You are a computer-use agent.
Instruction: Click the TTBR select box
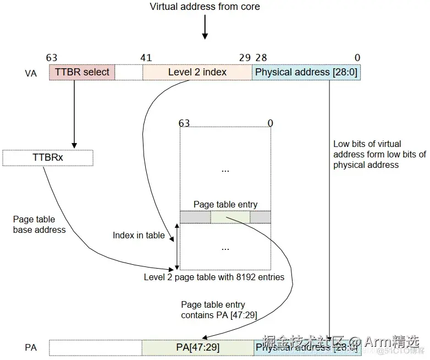click(82, 72)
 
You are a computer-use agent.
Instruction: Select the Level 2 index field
click(197, 72)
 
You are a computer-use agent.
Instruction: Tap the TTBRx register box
click(48, 158)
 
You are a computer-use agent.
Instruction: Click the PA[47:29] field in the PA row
click(198, 347)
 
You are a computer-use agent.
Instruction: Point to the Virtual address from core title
click(205, 7)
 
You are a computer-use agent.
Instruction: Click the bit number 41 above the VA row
click(146, 57)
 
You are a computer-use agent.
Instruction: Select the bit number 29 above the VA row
click(245, 57)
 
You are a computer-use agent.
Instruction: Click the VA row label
click(31, 73)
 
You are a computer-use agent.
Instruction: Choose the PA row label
click(31, 347)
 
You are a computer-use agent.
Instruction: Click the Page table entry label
click(225, 205)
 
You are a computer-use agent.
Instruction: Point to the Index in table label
click(139, 235)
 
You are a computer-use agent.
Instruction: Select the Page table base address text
click(39, 224)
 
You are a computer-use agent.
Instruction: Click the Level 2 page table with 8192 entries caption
click(214, 277)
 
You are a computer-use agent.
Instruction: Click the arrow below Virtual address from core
click(205, 28)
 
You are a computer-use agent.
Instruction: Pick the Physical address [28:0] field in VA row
click(306, 72)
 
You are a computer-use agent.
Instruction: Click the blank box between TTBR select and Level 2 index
click(129, 72)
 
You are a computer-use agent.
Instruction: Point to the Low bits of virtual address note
click(379, 154)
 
